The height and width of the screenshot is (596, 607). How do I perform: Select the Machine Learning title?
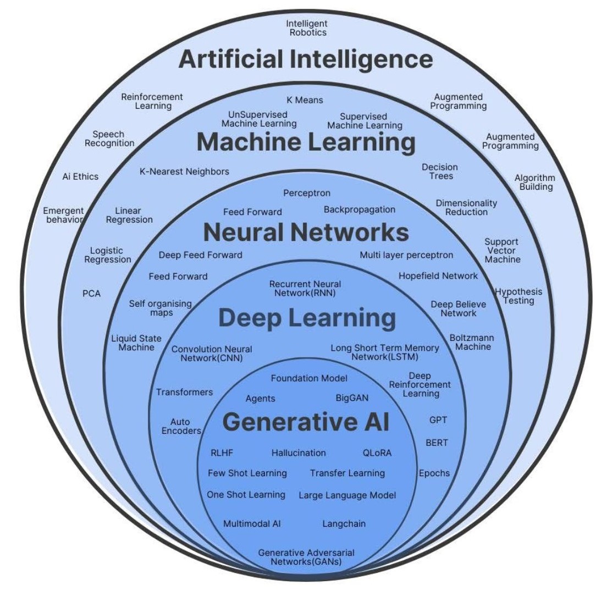306,142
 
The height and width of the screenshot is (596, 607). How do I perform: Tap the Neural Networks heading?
306,233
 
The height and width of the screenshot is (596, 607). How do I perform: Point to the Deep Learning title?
307,318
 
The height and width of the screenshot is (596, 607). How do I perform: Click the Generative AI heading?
306,422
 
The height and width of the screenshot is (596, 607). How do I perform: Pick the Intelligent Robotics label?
307,27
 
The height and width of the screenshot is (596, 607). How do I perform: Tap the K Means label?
305,100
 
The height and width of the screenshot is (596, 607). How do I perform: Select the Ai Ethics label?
80,176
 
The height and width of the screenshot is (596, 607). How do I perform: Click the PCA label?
92,294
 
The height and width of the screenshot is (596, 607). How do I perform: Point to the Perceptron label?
307,193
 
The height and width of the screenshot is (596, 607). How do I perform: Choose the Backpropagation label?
360,209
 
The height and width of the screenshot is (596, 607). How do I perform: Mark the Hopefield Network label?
438,276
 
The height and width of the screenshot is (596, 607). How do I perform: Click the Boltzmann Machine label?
470,342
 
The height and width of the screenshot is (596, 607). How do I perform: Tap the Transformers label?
184,392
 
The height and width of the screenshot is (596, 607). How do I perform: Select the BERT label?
437,443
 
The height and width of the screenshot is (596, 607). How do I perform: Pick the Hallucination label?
299,453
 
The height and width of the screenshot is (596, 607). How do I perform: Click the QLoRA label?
377,453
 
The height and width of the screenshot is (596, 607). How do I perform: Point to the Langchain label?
344,524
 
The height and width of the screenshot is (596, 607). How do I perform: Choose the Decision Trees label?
440,172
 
